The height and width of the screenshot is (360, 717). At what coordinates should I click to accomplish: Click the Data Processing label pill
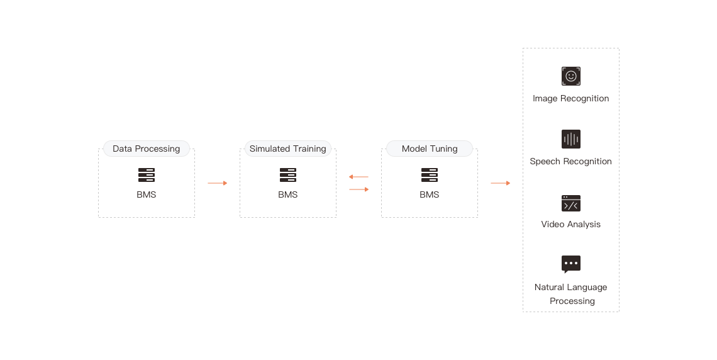tap(147, 149)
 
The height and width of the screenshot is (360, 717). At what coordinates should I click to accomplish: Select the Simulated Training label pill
tap(288, 149)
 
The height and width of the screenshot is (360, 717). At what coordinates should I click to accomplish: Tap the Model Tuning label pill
tap(430, 149)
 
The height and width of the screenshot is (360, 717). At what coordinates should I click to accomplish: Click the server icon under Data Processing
tap(147, 175)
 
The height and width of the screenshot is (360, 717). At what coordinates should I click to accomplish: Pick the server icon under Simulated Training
tap(288, 175)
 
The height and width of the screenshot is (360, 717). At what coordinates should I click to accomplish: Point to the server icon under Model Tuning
tap(430, 175)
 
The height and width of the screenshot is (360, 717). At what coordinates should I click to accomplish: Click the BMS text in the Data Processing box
tap(147, 194)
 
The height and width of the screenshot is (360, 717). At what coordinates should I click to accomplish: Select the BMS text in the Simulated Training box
tap(288, 194)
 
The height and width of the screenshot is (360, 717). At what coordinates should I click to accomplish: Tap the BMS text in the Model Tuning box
tap(430, 194)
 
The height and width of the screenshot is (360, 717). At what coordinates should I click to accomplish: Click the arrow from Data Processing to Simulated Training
tap(217, 183)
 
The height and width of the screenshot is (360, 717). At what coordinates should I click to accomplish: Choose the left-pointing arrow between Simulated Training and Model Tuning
tap(358, 177)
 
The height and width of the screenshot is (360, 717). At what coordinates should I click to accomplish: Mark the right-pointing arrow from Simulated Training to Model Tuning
tap(359, 189)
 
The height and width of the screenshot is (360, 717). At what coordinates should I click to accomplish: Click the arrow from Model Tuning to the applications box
tap(500, 183)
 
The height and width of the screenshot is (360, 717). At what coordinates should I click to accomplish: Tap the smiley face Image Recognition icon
tap(570, 76)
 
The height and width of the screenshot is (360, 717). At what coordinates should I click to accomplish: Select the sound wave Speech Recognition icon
tap(570, 139)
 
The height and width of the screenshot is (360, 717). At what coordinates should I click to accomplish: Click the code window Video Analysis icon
tap(570, 203)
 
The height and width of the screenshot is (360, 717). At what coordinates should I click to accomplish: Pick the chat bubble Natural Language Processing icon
tap(570, 264)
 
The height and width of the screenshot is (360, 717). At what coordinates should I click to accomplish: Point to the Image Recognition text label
tap(570, 98)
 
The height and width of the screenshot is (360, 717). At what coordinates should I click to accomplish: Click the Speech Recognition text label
tap(570, 162)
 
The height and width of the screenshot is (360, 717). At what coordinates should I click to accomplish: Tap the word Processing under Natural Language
tap(572, 301)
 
